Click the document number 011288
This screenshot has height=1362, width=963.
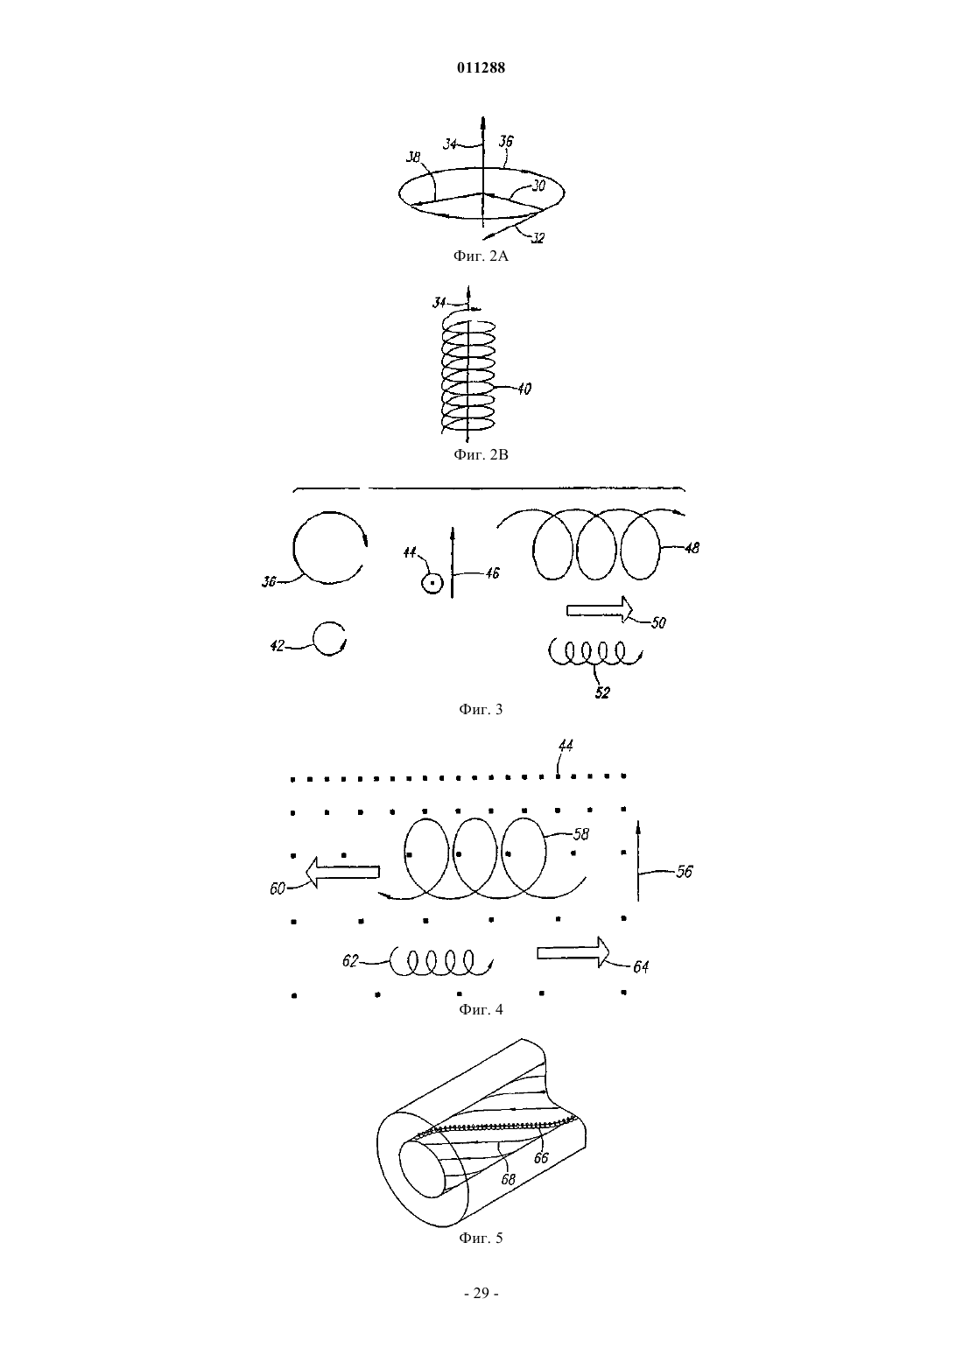coord(481,67)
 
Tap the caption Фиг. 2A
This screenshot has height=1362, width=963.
coord(481,256)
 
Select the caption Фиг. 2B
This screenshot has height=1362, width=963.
coord(481,454)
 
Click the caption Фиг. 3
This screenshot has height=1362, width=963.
coord(481,709)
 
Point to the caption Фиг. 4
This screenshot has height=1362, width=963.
coord(481,1009)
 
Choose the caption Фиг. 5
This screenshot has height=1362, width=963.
coord(481,1238)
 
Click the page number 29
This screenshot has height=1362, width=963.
coord(481,1293)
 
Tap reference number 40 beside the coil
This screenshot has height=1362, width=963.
coord(524,389)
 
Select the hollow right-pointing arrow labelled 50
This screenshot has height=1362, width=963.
coord(600,609)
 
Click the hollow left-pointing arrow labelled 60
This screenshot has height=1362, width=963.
coord(342,873)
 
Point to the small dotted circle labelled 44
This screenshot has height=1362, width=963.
coord(432,584)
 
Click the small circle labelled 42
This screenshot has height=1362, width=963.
coord(329,638)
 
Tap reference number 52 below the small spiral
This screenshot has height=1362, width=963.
coord(602,692)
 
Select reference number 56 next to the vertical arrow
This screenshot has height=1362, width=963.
coord(685,871)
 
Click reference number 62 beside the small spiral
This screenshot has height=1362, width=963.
coord(350,961)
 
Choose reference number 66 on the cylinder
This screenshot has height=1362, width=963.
coord(540,1158)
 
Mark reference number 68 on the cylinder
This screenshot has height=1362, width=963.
coord(509,1180)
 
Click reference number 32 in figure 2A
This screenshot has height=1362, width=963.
coord(538,238)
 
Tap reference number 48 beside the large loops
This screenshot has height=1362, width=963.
coord(692,548)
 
